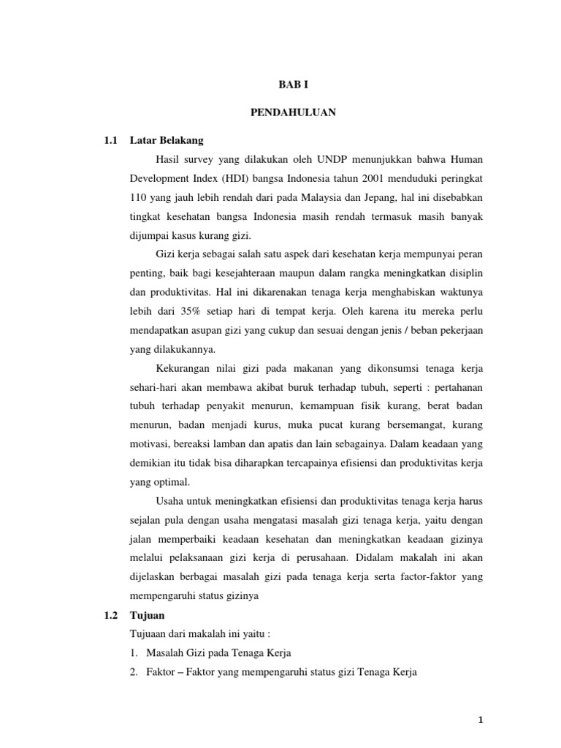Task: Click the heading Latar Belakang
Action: pyautogui.click(x=167, y=140)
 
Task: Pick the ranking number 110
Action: pyautogui.click(x=138, y=197)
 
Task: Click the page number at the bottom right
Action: pyautogui.click(x=479, y=721)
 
